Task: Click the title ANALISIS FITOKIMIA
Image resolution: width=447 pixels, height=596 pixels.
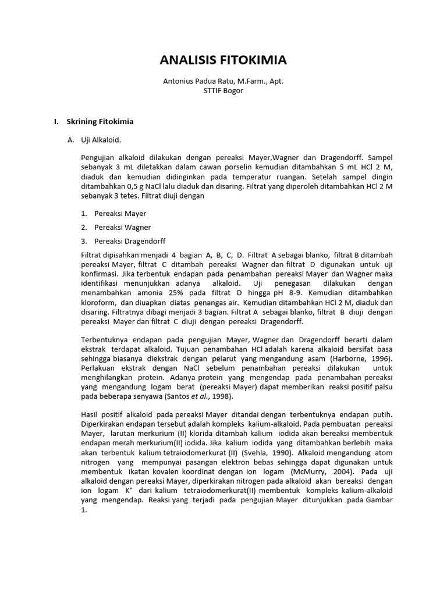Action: pos(223,61)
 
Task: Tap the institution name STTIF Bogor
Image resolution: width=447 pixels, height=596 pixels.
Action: pos(223,91)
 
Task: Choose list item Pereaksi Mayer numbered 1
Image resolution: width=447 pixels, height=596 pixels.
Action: pos(120,214)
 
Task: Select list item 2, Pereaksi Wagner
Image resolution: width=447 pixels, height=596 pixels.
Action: pos(122,227)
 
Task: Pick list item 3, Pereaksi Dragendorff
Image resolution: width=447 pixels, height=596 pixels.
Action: pos(129,241)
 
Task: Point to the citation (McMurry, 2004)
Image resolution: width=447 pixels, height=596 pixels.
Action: pos(329,470)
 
